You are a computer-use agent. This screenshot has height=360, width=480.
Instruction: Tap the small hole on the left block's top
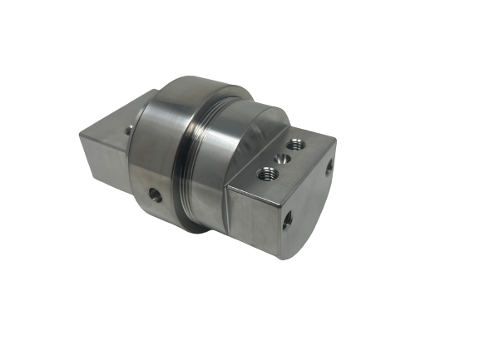coord(128,130)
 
